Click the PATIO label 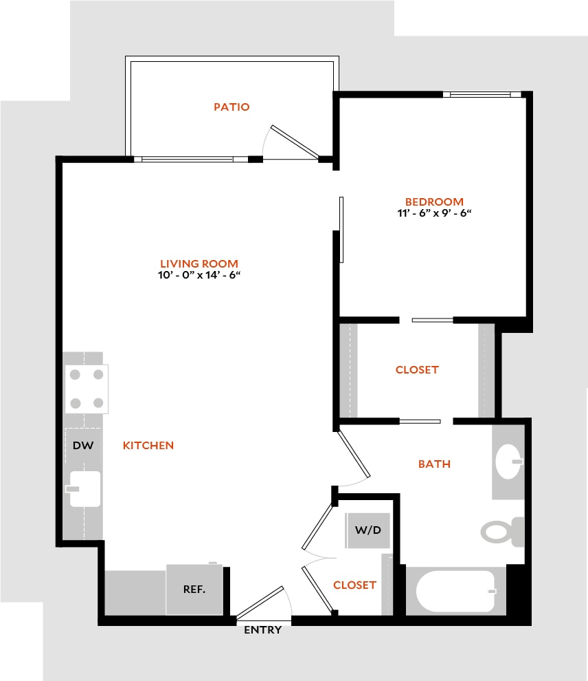point(231,107)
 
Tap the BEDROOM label point(434,202)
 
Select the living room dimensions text point(199,275)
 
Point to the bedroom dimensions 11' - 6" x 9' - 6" point(434,213)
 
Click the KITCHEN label point(148,445)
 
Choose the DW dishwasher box point(83,445)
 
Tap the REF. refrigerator point(194,589)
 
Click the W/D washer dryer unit point(367,530)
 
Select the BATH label point(434,464)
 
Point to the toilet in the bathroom point(503,532)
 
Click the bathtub point(455,591)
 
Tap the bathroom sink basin point(508,462)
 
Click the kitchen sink point(85,489)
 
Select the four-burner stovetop point(87,389)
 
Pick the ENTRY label point(263,629)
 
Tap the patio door point(295,142)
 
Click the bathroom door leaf point(354,453)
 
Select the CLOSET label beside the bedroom point(417,369)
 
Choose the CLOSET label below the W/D point(354,585)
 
